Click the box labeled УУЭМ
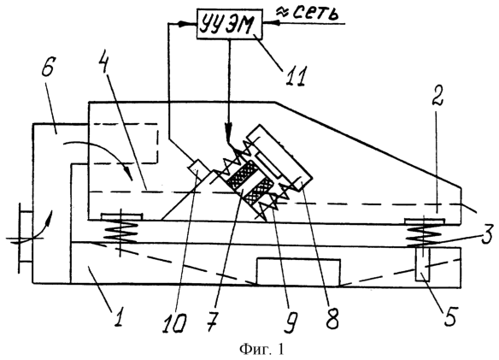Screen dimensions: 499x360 (230, 24)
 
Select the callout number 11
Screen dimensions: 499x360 (296, 76)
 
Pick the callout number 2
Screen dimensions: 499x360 (437, 95)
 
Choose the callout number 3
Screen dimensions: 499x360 (487, 233)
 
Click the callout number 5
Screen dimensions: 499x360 (449, 316)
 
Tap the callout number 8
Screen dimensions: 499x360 (332, 318)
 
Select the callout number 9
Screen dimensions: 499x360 (291, 322)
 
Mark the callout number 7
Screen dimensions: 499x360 (212, 322)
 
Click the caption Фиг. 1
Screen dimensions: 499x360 (261, 350)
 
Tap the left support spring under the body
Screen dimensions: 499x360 (120, 232)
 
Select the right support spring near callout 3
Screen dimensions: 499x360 (423, 233)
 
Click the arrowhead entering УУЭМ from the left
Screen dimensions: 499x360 (181, 24)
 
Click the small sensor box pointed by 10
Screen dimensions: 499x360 (198, 168)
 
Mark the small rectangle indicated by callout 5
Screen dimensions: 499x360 (423, 264)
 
